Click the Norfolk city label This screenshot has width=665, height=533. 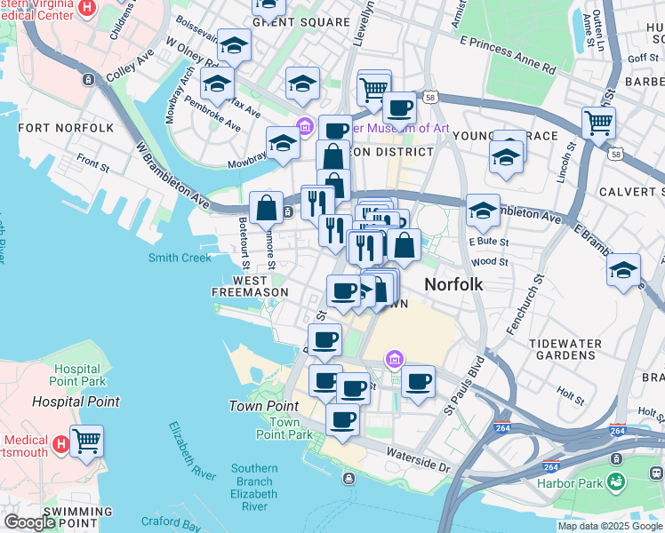coord(453,285)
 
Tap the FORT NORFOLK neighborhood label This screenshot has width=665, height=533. coord(66,128)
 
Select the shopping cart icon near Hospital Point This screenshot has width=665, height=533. coord(86,440)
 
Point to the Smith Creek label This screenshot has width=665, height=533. coord(180,258)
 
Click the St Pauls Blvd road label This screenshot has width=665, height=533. coord(463,387)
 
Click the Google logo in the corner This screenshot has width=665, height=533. coord(28,522)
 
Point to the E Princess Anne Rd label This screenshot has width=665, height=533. coord(508,54)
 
